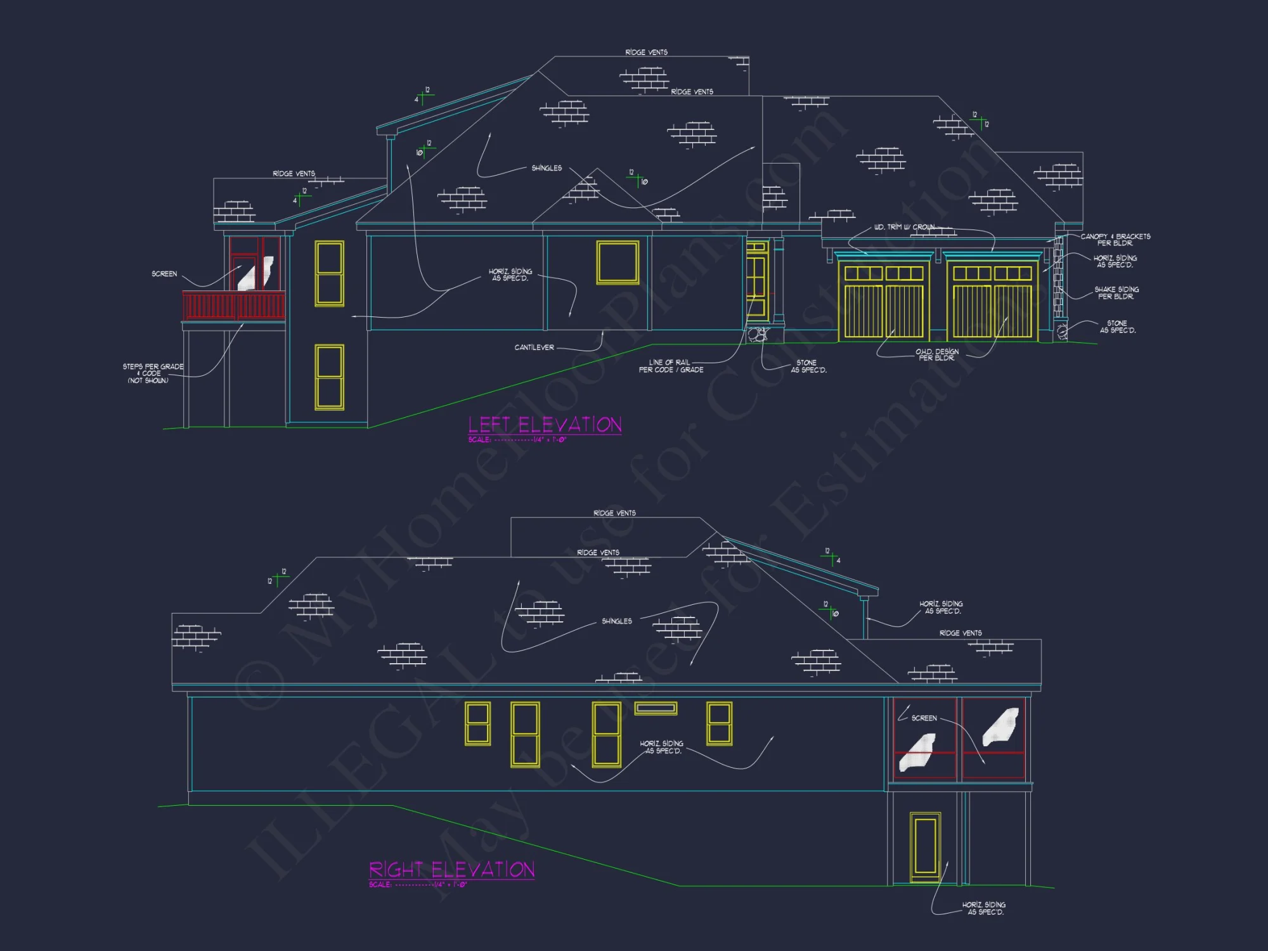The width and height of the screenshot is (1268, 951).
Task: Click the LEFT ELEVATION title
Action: tap(545, 425)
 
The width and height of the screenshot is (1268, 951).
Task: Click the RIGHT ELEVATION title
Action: tap(451, 869)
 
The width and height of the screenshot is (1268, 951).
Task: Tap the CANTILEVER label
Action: tap(534, 347)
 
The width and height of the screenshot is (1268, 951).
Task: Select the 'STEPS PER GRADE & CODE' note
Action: tap(152, 373)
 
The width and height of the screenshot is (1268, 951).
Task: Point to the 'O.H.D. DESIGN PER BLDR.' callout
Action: tap(936, 355)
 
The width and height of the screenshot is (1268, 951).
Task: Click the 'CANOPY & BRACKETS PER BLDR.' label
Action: tap(1115, 240)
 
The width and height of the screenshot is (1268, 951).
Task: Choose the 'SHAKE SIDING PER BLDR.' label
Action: tap(1116, 293)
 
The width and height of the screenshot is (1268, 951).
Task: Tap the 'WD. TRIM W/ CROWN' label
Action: tap(904, 227)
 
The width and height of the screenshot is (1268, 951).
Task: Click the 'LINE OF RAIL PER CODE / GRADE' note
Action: tap(671, 366)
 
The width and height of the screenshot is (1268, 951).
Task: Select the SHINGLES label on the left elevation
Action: tap(547, 168)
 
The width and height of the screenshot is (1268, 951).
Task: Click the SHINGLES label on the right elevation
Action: tap(616, 621)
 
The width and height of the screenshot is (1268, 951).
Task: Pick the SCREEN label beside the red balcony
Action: tap(164, 274)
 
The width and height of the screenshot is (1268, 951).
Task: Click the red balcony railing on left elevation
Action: tap(233, 306)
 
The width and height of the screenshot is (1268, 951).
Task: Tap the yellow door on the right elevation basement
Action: tap(925, 847)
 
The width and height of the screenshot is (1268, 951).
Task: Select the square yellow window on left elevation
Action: tap(618, 262)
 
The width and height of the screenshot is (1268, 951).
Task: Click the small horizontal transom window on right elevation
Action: tap(656, 708)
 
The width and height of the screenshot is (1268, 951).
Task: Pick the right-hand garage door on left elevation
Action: tap(992, 302)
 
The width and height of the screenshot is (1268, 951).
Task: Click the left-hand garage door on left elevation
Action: tap(884, 302)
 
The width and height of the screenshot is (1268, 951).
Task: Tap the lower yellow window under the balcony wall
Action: tap(329, 377)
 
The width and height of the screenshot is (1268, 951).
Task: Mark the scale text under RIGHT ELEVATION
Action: tap(418, 884)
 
